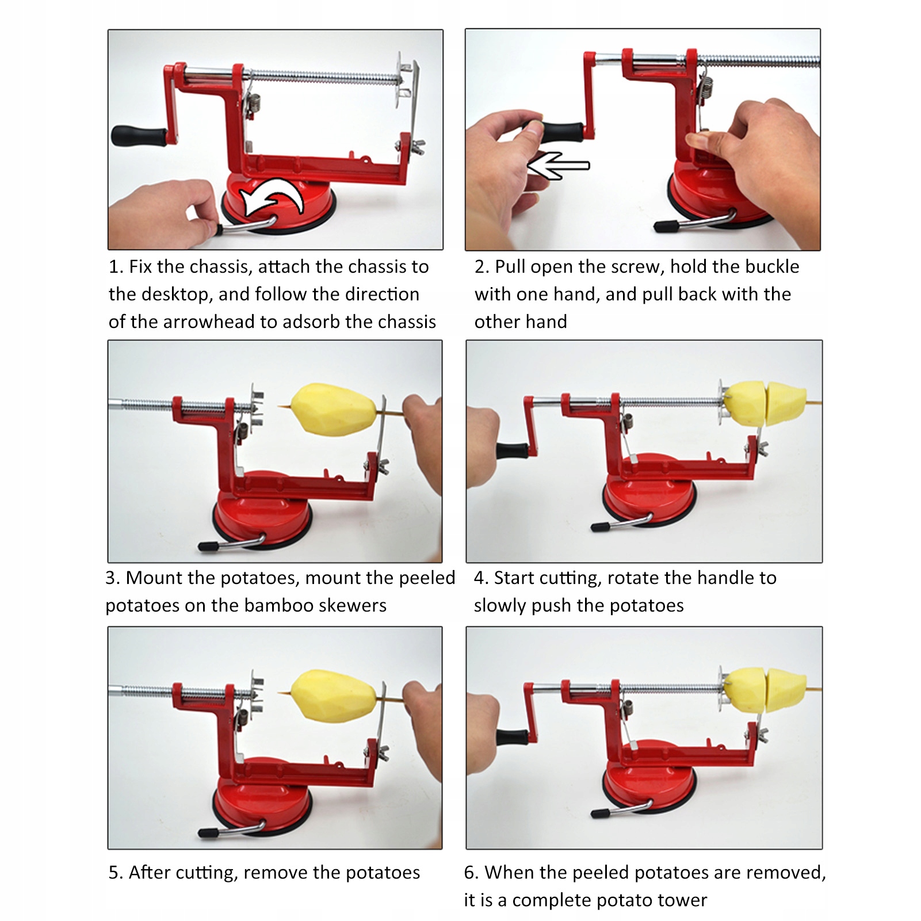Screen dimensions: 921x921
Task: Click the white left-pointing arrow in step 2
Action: tap(558, 166)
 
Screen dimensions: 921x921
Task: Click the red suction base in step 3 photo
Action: tap(262, 512)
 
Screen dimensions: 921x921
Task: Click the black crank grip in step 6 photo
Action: tap(513, 737)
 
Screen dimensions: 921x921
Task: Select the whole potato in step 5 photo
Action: tap(334, 695)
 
